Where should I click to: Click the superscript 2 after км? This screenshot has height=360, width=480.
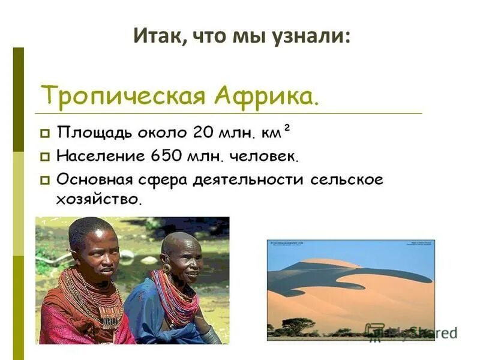click(287, 126)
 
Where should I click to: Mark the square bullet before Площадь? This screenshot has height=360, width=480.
click(45, 131)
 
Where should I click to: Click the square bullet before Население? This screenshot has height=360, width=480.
click(45, 157)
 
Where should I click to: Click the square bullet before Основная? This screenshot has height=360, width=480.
click(45, 179)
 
